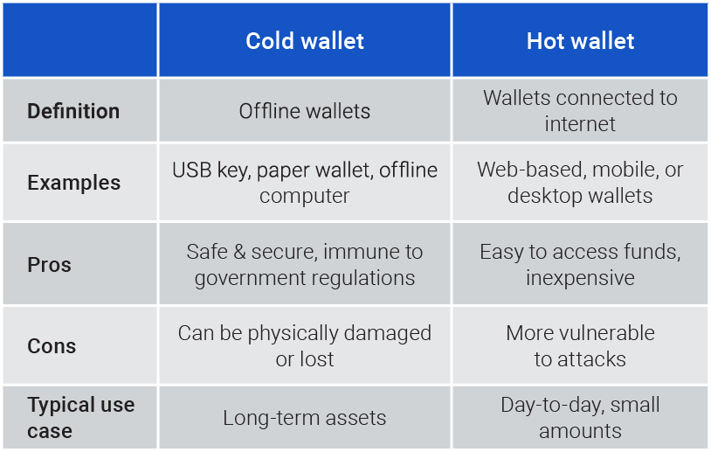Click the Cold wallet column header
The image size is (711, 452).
(x=305, y=41)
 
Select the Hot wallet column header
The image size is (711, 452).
(x=580, y=41)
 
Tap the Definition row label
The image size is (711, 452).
(x=73, y=111)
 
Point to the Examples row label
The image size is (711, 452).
(x=74, y=183)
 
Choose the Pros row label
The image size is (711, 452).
(x=50, y=265)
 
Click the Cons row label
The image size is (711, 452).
(x=52, y=346)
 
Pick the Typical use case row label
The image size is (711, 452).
(x=80, y=418)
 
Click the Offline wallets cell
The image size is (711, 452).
(x=305, y=111)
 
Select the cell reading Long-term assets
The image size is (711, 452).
(x=305, y=418)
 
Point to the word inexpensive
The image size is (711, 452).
(x=580, y=278)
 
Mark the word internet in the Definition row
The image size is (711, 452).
(x=580, y=124)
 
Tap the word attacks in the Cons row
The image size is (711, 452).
(x=591, y=359)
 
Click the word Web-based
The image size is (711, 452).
(x=531, y=170)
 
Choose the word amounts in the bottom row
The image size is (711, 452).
(x=580, y=431)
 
